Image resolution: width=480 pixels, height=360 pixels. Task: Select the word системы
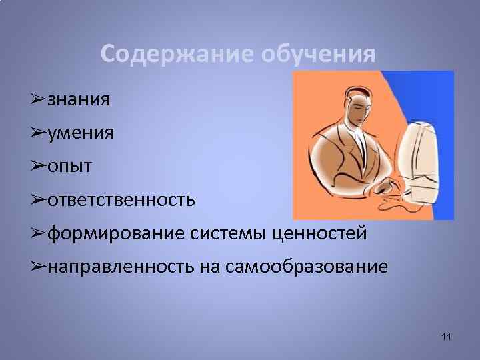[227, 233]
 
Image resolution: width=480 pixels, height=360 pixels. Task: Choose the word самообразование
[307, 267]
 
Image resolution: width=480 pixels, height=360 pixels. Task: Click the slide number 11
[446, 338]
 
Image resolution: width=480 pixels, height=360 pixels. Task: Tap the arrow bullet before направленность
[37, 267]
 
